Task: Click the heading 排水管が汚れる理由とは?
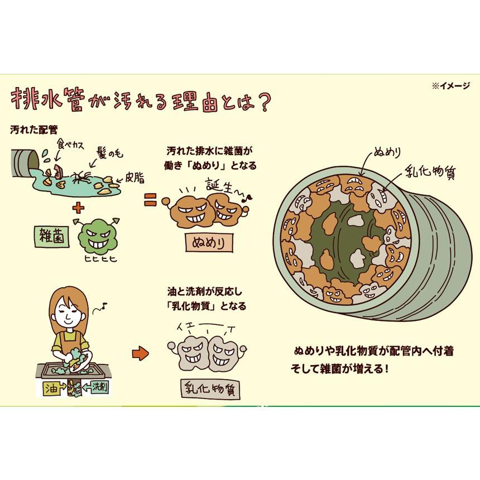141,100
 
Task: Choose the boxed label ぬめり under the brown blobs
208,243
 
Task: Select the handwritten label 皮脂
135,178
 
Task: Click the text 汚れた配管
35,129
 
